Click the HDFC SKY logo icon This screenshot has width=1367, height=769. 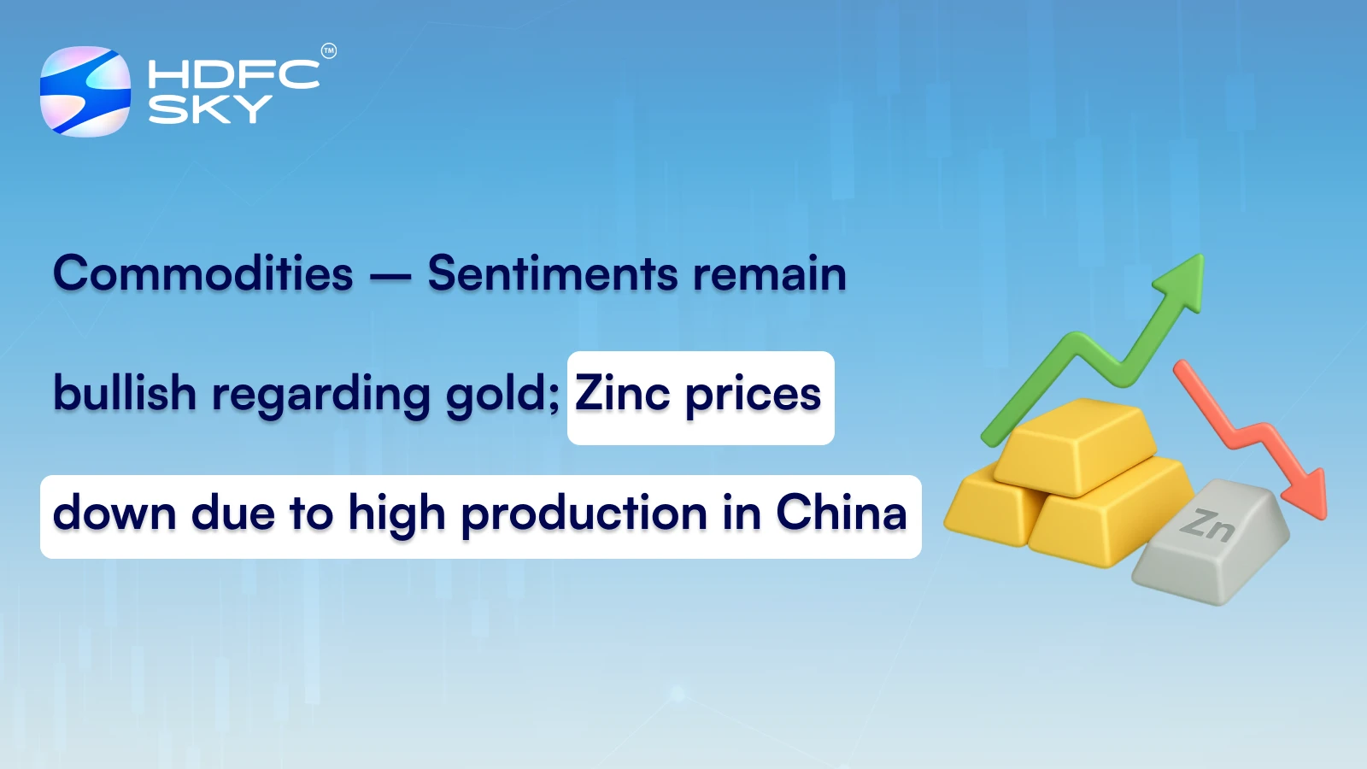(85, 91)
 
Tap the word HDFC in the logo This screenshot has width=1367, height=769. (232, 74)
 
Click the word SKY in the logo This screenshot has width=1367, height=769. (209, 109)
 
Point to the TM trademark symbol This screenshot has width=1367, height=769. (329, 51)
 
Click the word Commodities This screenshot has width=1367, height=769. (203, 274)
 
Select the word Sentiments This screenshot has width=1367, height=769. (553, 274)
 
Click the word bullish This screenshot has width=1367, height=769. (125, 394)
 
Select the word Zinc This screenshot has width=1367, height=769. (622, 394)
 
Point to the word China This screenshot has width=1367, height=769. (841, 513)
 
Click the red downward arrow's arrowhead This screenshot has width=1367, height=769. (1307, 496)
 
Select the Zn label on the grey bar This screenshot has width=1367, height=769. (1207, 524)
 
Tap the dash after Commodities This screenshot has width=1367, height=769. (390, 276)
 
